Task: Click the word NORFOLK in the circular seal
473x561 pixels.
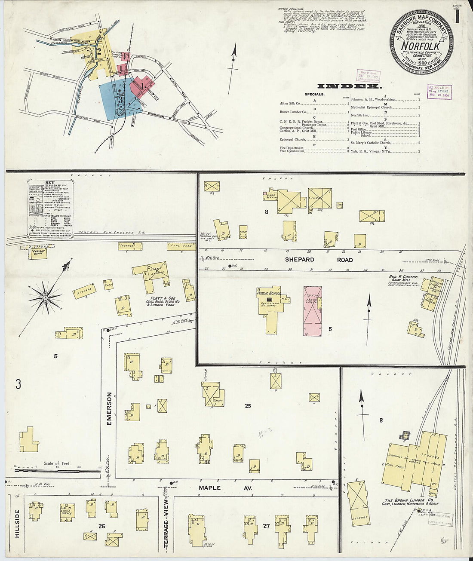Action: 420,46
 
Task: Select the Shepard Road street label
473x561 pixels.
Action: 319,260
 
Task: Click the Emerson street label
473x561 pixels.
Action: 109,408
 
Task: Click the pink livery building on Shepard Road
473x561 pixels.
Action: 313,311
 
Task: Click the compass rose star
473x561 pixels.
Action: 45,297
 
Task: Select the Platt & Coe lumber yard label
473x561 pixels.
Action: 157,301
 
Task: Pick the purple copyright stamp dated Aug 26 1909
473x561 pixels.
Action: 439,92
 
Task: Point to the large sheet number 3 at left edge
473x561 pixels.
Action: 18,384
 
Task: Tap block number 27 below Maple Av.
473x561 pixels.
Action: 266,525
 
